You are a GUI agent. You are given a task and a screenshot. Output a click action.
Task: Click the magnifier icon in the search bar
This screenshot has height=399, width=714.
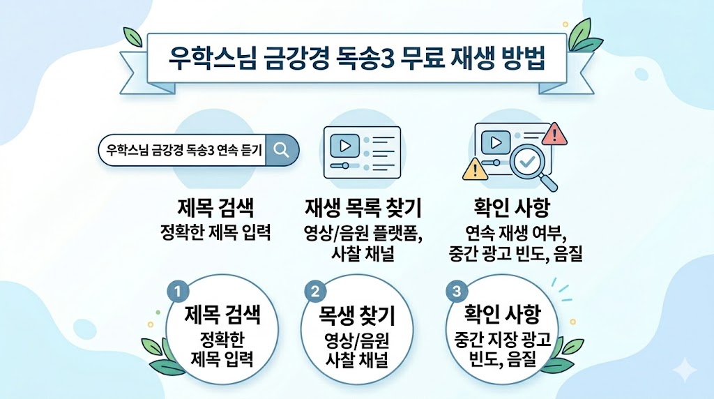pyautogui.click(x=282, y=149)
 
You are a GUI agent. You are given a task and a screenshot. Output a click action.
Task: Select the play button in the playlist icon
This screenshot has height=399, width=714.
pyautogui.click(x=345, y=145)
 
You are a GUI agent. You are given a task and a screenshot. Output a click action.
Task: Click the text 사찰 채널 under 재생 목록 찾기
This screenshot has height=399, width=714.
pyautogui.click(x=363, y=254)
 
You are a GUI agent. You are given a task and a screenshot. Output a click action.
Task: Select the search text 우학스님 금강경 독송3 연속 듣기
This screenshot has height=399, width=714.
pyautogui.click(x=185, y=149)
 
